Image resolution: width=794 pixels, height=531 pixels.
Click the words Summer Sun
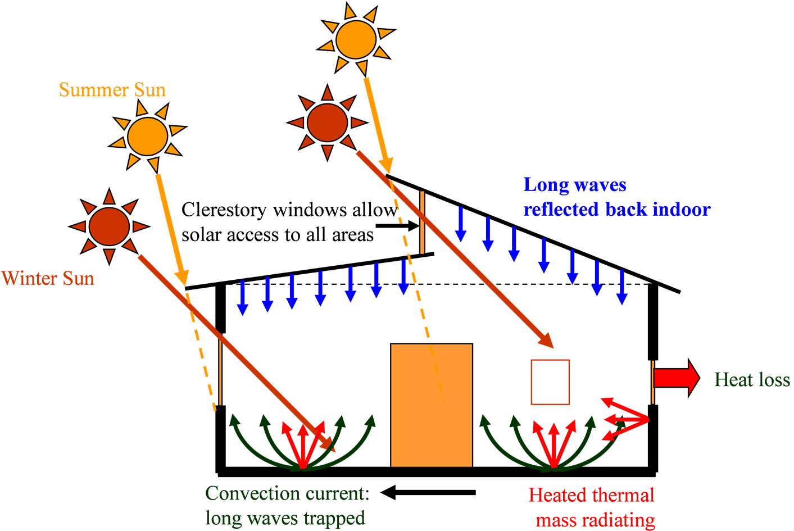click(112, 90)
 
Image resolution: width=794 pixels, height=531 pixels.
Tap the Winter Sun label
click(48, 279)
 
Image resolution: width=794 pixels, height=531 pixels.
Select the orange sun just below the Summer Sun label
click(148, 137)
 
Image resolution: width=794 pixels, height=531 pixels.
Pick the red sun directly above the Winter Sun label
click(109, 226)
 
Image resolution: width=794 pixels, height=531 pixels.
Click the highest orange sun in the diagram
click(356, 39)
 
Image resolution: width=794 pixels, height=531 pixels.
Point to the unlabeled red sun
click(328, 122)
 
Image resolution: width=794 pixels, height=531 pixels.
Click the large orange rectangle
click(431, 405)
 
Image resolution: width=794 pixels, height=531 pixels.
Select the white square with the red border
click(550, 382)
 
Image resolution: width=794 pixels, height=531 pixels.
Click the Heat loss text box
click(748, 381)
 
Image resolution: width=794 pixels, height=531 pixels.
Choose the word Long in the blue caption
click(544, 185)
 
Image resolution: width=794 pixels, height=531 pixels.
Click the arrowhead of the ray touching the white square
click(547, 341)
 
